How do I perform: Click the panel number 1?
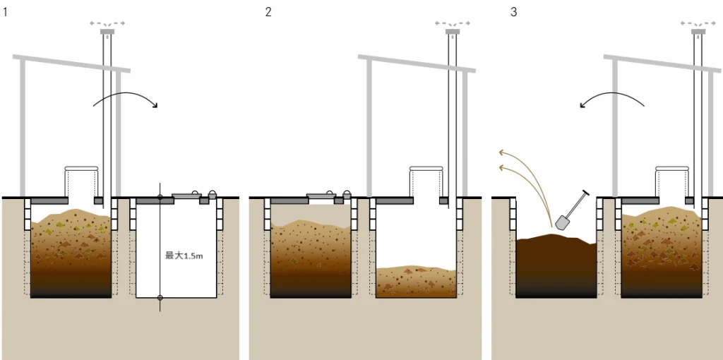[6, 13]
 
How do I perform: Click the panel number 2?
[268, 13]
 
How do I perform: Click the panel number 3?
[513, 13]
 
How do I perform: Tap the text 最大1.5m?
[184, 256]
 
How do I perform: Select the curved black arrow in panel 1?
[125, 99]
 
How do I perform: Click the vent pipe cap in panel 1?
[107, 31]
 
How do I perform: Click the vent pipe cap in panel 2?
[452, 31]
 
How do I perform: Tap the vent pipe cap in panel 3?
[698, 31]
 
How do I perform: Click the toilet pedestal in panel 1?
[79, 181]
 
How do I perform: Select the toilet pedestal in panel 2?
[425, 181]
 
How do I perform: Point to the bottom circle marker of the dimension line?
[160, 297]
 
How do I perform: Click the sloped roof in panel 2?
[417, 64]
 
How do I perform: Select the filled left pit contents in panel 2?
[311, 258]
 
